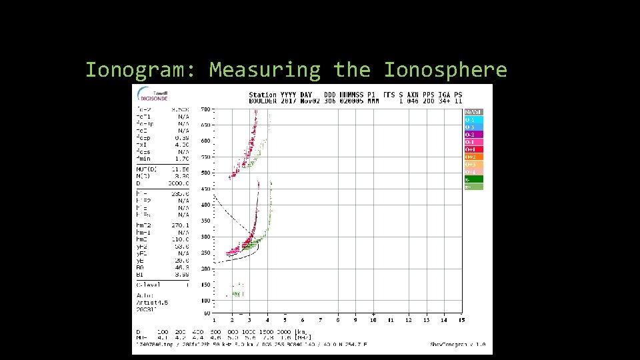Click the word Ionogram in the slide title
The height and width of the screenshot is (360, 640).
pos(140,70)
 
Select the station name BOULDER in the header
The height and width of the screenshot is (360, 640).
pos(263,102)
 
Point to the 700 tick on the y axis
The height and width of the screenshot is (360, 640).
pos(205,109)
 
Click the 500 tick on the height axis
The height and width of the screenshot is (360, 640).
pos(205,173)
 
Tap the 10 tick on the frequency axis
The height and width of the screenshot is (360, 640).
pos(373,320)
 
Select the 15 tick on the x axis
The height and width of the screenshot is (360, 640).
pos(461,320)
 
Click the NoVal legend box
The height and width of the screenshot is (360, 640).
pos(473,112)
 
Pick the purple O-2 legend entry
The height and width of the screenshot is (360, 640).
pos(473,135)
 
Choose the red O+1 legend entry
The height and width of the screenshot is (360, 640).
pos(473,149)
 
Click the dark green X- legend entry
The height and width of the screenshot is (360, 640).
pos(473,179)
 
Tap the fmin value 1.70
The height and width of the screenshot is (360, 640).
pos(181,158)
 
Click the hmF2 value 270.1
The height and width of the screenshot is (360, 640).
pos(181,225)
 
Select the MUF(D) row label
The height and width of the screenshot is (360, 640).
pos(146,170)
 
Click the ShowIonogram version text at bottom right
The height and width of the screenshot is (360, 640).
pos(457,344)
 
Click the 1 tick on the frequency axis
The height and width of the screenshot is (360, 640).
pos(214,320)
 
